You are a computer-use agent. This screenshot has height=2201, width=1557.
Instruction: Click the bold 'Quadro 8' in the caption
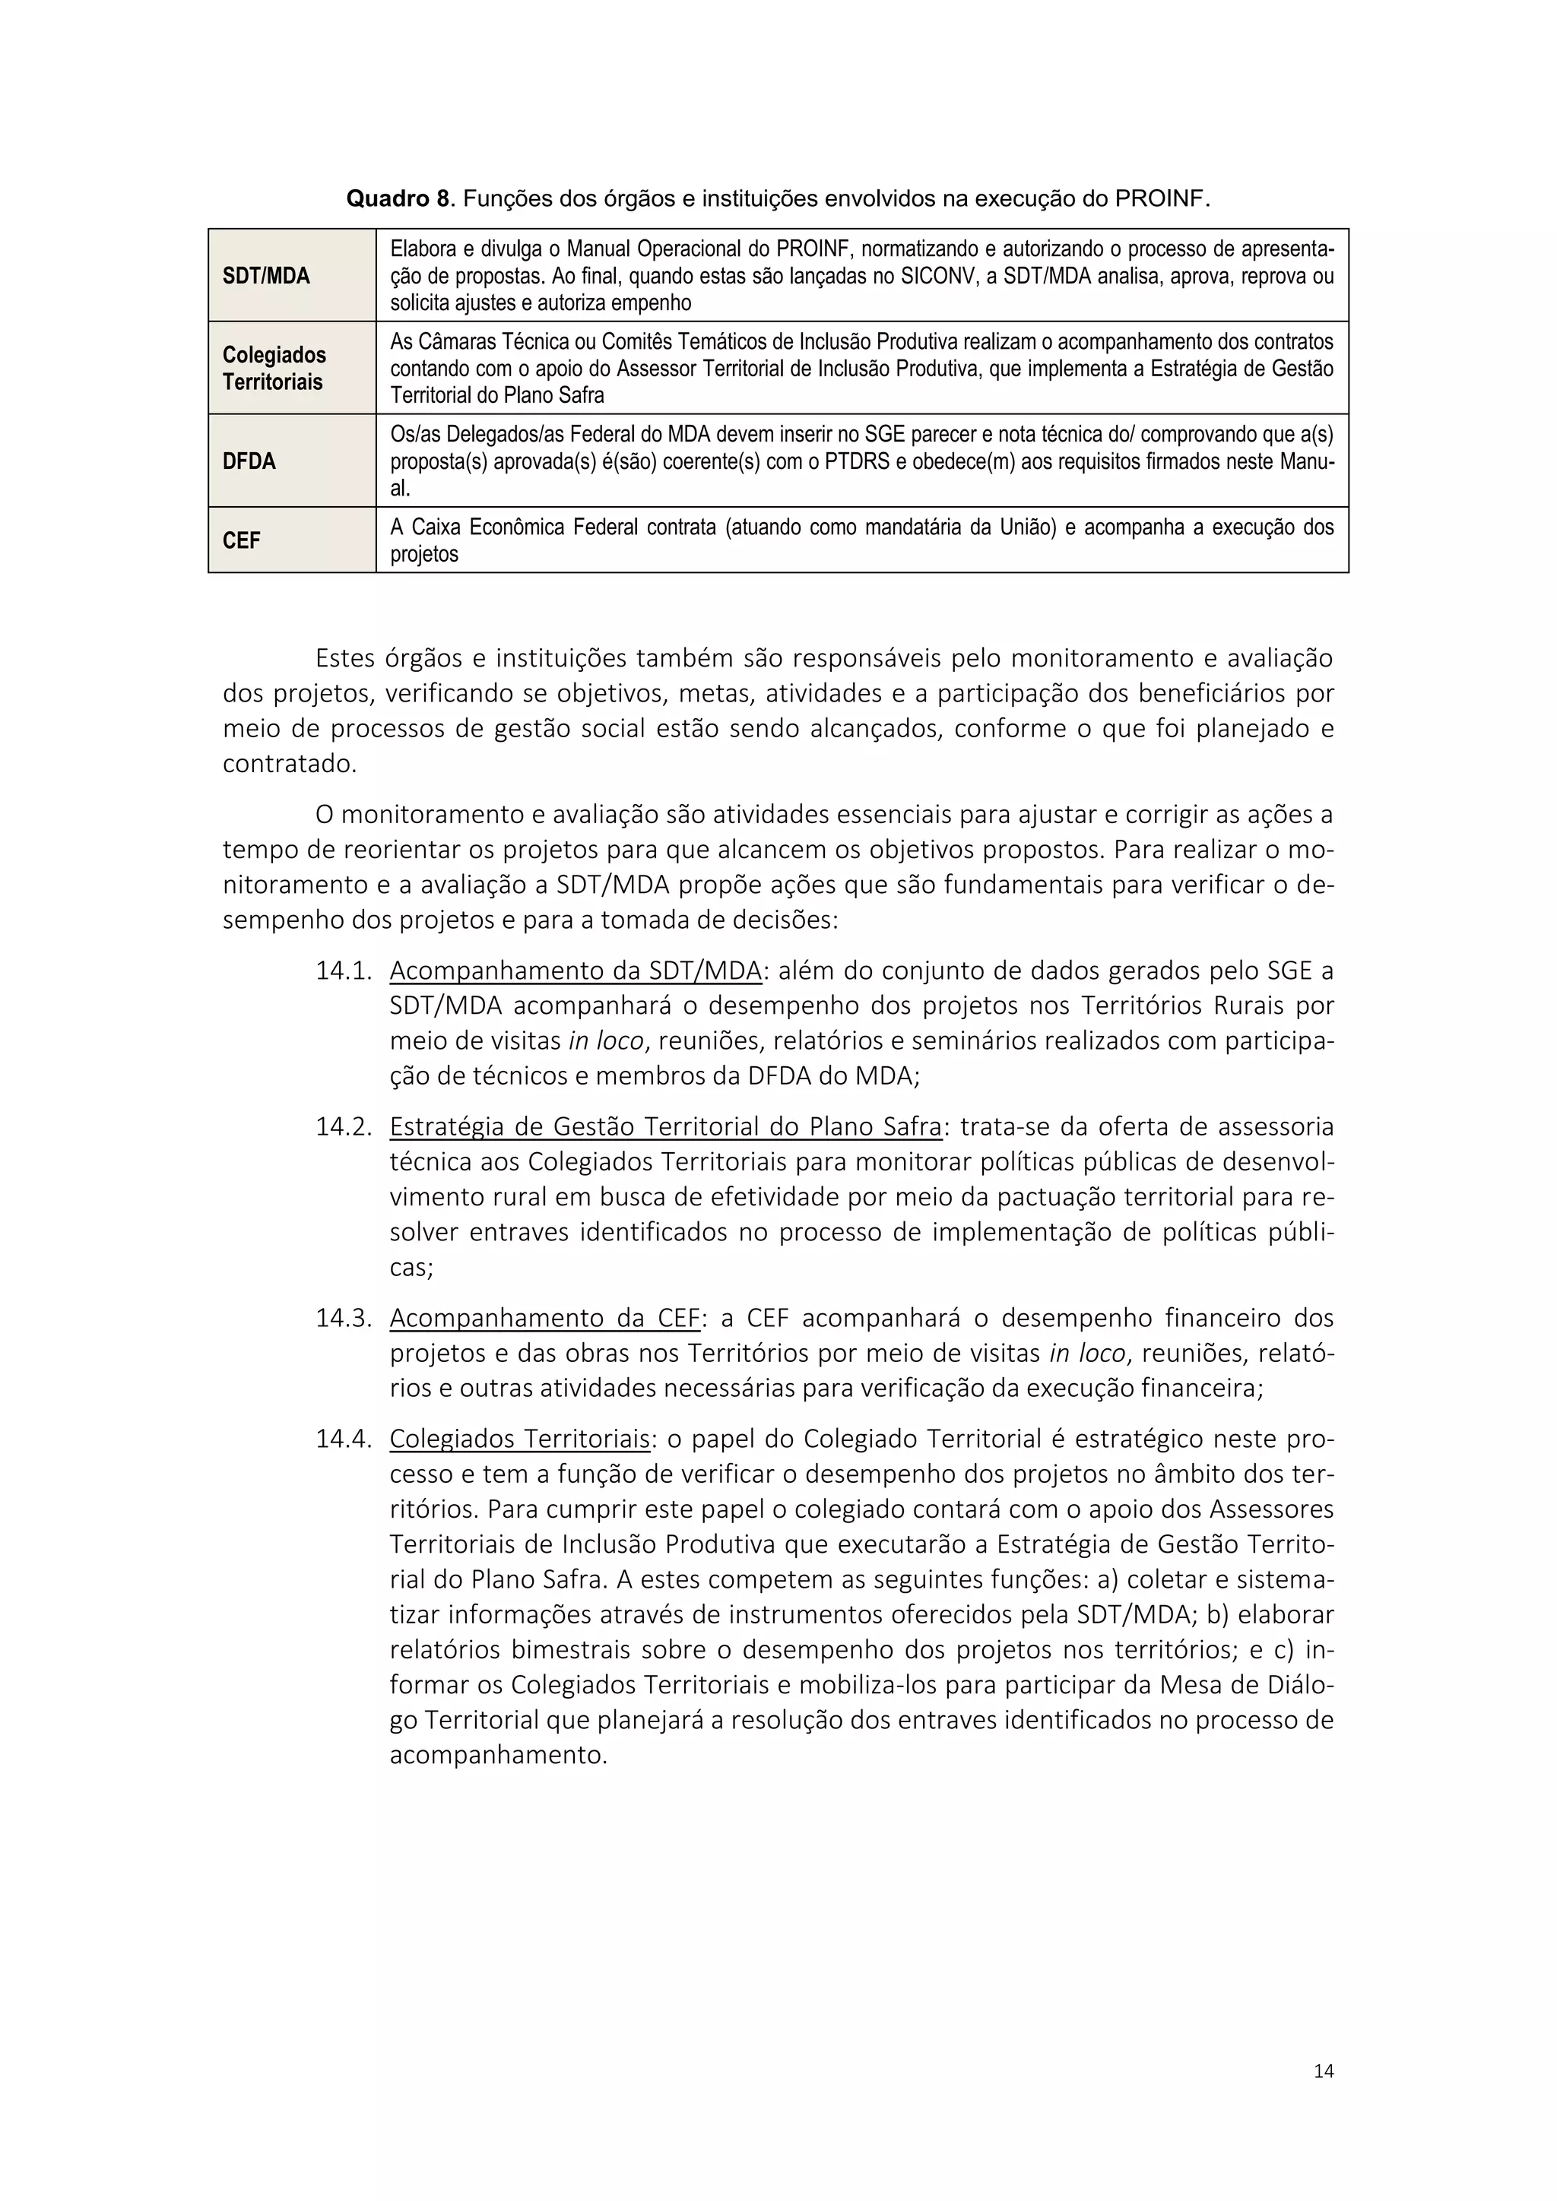[x=397, y=199]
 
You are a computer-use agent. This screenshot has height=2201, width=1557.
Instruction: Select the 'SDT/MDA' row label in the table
[x=267, y=276]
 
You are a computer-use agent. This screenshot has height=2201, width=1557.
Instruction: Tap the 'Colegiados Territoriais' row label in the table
[x=274, y=368]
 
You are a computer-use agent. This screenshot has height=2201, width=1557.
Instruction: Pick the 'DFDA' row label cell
[x=249, y=461]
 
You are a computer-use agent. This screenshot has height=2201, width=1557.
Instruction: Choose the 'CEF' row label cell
[x=242, y=540]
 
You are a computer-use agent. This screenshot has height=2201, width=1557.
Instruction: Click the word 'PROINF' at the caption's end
[x=1158, y=199]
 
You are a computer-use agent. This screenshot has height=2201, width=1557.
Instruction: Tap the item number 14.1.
[x=343, y=971]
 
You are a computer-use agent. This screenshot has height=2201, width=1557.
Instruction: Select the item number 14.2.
[x=343, y=1126]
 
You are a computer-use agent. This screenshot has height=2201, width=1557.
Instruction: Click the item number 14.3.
[x=343, y=1318]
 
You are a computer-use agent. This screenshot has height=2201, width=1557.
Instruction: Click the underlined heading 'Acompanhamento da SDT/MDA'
[x=576, y=971]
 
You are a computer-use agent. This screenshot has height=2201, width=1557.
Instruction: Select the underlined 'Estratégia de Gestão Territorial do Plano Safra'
[x=665, y=1126]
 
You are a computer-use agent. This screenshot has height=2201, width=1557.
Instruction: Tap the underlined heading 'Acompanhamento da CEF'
[x=544, y=1318]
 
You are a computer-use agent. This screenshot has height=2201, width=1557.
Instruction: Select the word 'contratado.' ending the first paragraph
[x=290, y=764]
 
